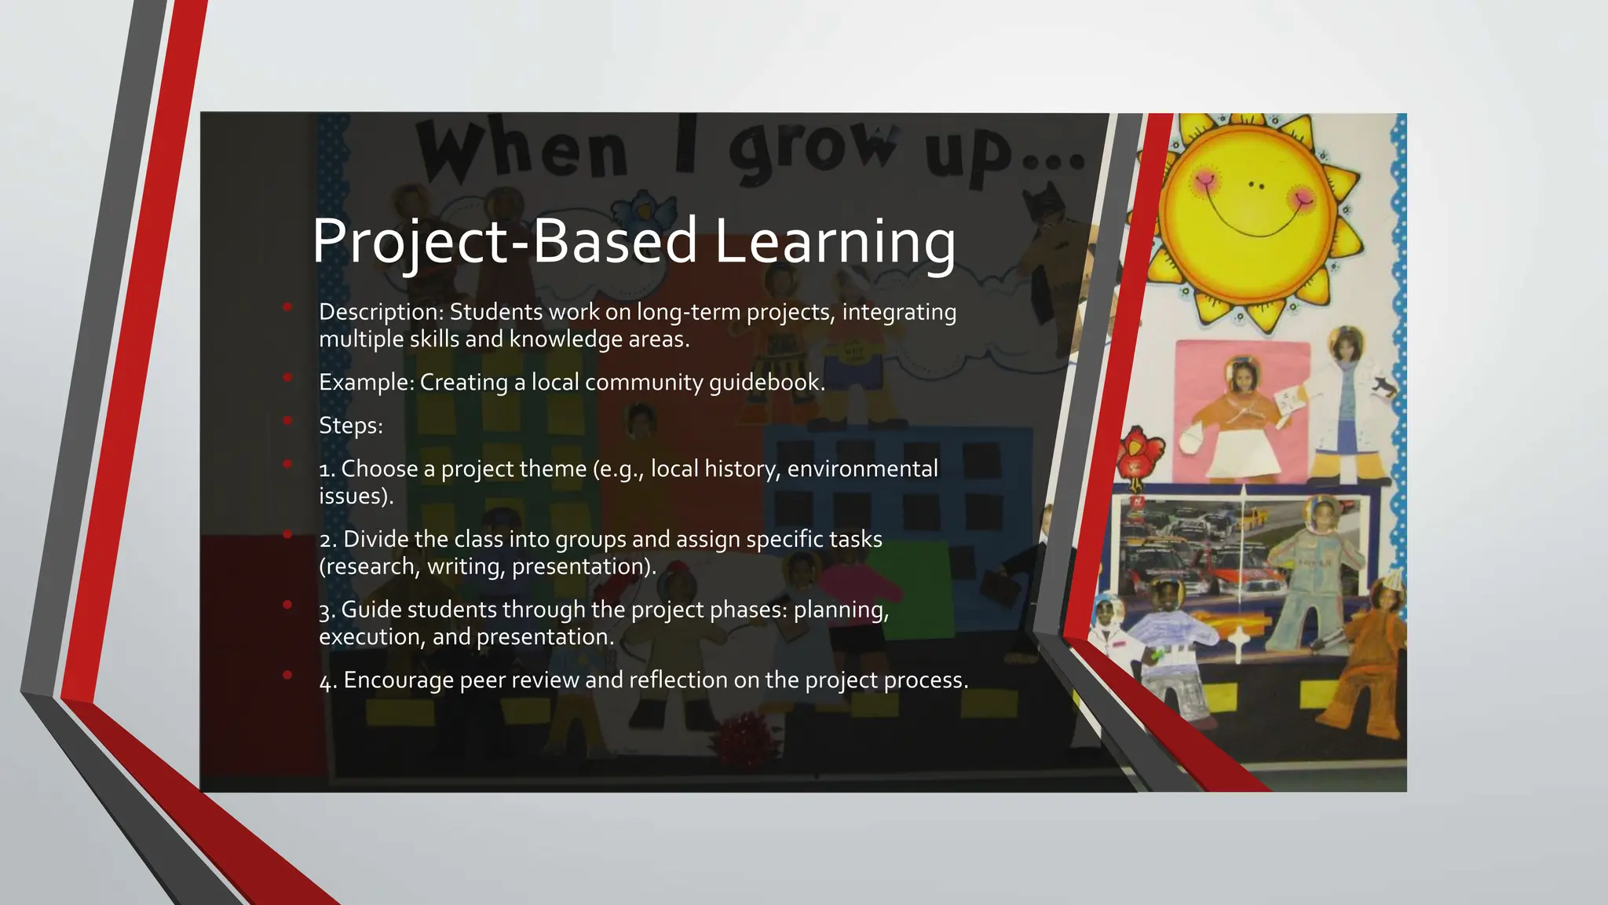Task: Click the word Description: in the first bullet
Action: click(x=381, y=312)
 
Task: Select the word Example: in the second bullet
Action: click(x=366, y=383)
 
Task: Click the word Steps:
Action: click(x=350, y=426)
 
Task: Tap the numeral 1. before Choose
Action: click(x=327, y=470)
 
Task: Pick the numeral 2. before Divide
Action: click(x=327, y=540)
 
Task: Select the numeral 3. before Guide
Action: click(x=327, y=610)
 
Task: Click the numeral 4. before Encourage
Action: click(x=327, y=681)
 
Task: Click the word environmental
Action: click(x=862, y=469)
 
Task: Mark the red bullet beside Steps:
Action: click(x=287, y=421)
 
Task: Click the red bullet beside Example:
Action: click(x=287, y=378)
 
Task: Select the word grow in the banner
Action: click(x=813, y=147)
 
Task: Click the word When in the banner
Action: click(x=522, y=149)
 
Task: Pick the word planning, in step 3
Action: click(x=841, y=610)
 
